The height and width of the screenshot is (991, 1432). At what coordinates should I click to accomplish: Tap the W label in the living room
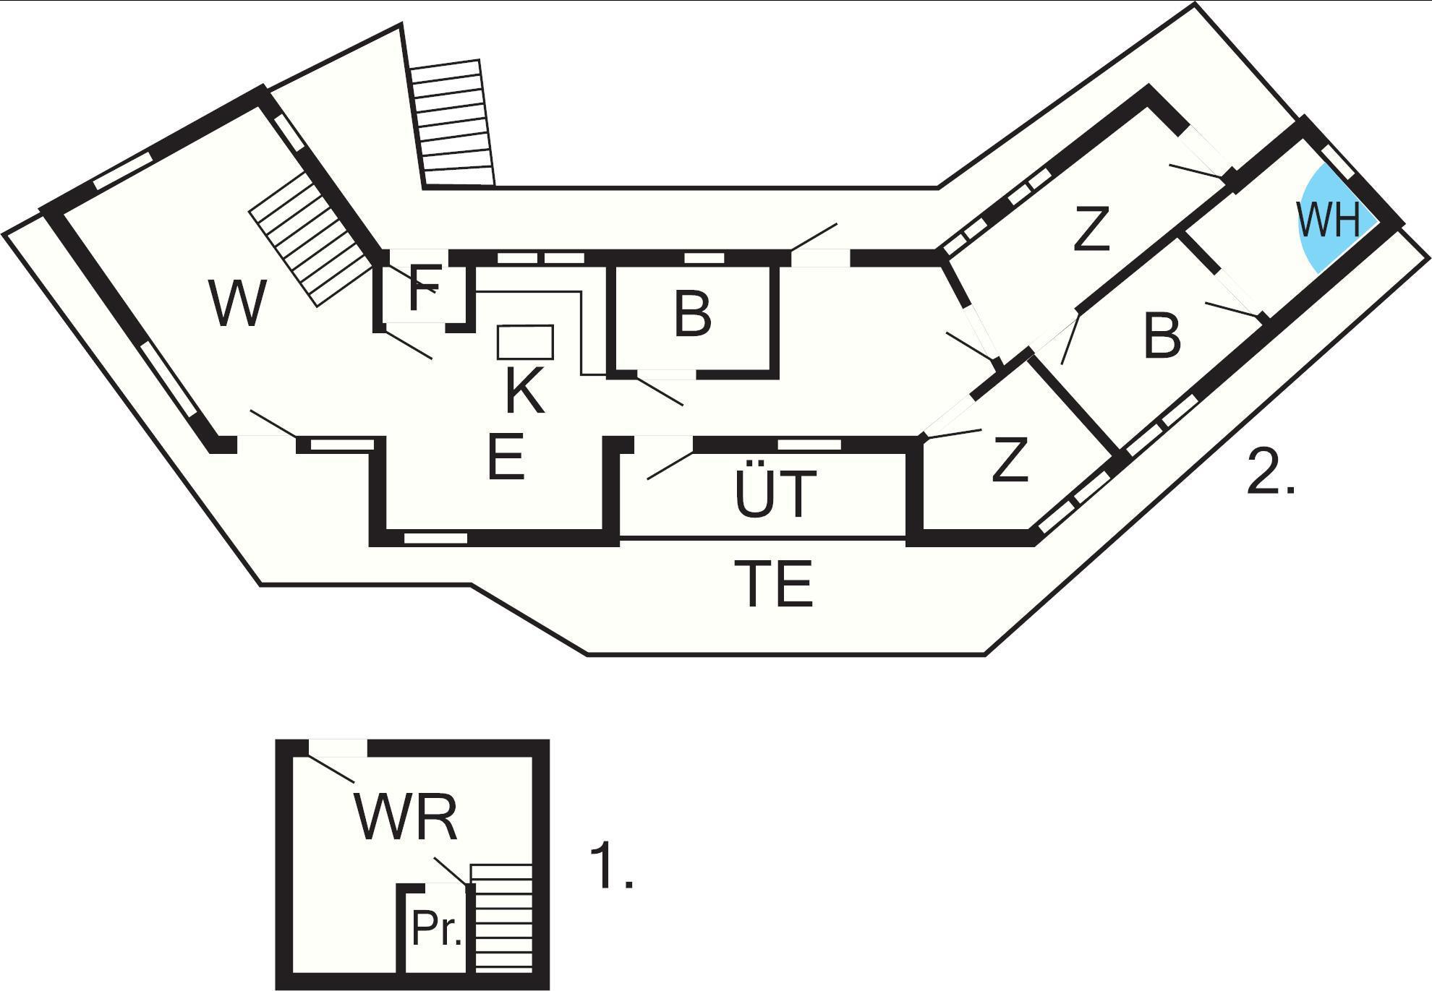pos(236,304)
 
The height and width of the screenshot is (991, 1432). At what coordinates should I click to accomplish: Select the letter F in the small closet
pos(424,288)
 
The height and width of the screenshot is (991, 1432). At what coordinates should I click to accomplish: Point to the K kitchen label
pos(524,390)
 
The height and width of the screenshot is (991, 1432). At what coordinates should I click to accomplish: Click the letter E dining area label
pos(506,458)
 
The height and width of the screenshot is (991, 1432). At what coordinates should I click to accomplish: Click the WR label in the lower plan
pos(406,818)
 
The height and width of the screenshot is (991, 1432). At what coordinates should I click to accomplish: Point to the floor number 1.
pos(611,865)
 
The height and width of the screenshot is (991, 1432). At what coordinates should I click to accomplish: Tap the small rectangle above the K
pos(526,343)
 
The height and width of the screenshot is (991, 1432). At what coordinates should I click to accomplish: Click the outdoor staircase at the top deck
pos(453,123)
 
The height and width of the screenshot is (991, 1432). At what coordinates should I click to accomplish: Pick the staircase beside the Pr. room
pos(501,918)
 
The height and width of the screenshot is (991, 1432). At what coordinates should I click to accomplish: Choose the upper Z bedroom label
pos(1091,229)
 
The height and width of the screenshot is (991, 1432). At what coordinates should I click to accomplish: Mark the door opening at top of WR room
pos(338,748)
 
